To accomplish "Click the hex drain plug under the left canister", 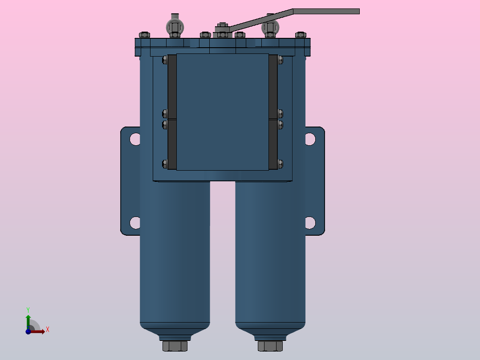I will pos(175,346).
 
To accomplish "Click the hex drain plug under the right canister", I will pos(270,346).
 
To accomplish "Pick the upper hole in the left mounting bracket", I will pos(134,139).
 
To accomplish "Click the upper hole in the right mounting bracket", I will pos(310,139).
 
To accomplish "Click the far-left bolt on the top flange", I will pos(144,34).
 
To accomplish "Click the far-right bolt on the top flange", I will pos(301,34).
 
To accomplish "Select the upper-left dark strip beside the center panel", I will pos(172,86).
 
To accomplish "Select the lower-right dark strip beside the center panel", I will pos(273,144).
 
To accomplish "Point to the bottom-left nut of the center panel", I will pos(165,164).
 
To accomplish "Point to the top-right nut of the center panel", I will pos(280,59).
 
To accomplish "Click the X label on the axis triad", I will pos(48,330).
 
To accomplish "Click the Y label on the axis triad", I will pos(28,309).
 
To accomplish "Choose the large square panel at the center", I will pos(223,111).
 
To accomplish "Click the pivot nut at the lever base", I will pos(222,28).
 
